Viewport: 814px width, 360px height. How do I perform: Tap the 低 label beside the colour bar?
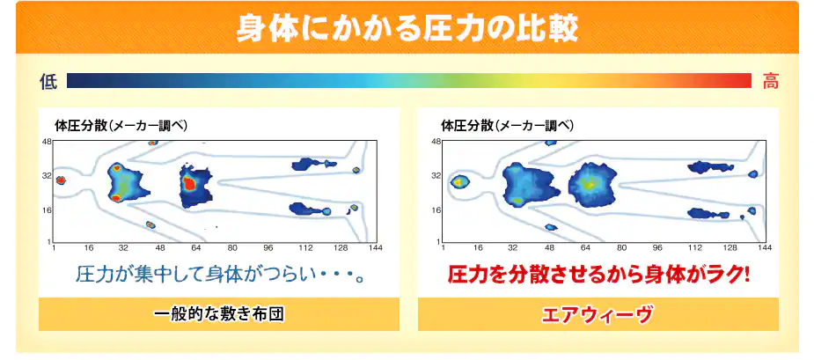48,82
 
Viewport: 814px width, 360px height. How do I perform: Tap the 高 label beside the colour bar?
770,82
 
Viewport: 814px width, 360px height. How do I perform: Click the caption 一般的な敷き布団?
219,314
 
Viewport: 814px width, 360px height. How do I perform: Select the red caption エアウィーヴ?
598,315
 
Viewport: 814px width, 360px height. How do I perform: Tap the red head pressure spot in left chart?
61,180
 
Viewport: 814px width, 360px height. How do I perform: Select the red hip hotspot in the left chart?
190,183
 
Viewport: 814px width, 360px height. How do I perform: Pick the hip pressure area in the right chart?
592,184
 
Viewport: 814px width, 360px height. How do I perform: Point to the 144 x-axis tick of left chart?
376,248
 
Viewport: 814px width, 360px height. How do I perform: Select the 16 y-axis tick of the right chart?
436,210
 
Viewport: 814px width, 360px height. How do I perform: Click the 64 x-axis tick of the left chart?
195,248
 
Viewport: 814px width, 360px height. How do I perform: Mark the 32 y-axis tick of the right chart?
436,176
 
